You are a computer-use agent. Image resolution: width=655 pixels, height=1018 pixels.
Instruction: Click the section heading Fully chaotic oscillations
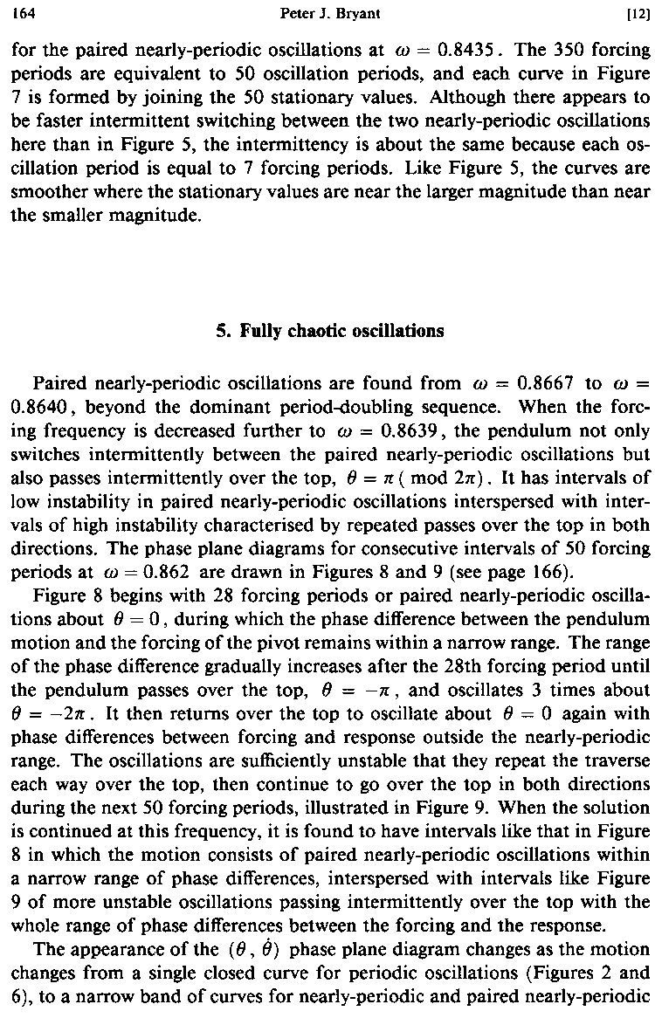point(329,331)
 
